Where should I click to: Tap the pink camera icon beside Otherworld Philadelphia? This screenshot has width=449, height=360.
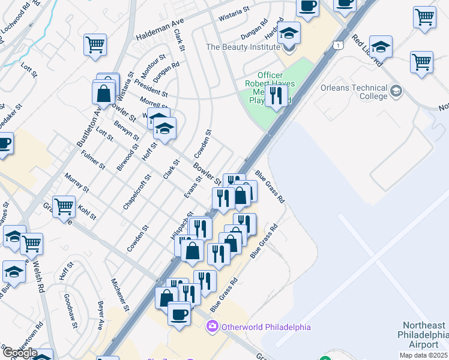(211, 327)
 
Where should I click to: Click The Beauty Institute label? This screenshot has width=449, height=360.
(243, 46)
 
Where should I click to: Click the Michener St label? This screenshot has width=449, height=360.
(120, 294)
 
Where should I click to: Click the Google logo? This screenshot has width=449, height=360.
(19, 353)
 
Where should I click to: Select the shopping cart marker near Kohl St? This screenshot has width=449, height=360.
(64, 208)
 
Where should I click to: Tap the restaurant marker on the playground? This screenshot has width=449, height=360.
(276, 95)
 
